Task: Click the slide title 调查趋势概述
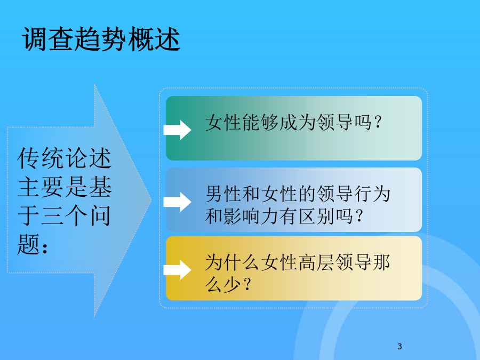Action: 101,39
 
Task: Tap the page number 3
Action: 399,346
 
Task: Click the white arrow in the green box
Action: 177,130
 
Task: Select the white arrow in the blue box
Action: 177,202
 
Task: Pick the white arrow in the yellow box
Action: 177,270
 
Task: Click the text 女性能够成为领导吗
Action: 288,123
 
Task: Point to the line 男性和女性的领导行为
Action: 298,194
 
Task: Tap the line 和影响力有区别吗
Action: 279,216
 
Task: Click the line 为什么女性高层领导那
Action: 298,262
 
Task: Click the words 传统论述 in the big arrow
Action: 64,158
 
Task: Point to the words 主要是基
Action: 64,187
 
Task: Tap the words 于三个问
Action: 64,215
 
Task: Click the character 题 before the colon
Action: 29,244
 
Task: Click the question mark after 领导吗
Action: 378,123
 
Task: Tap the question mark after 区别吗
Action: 360,216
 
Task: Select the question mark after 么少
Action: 247,284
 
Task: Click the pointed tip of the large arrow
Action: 151,200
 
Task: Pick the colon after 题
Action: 45,247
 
